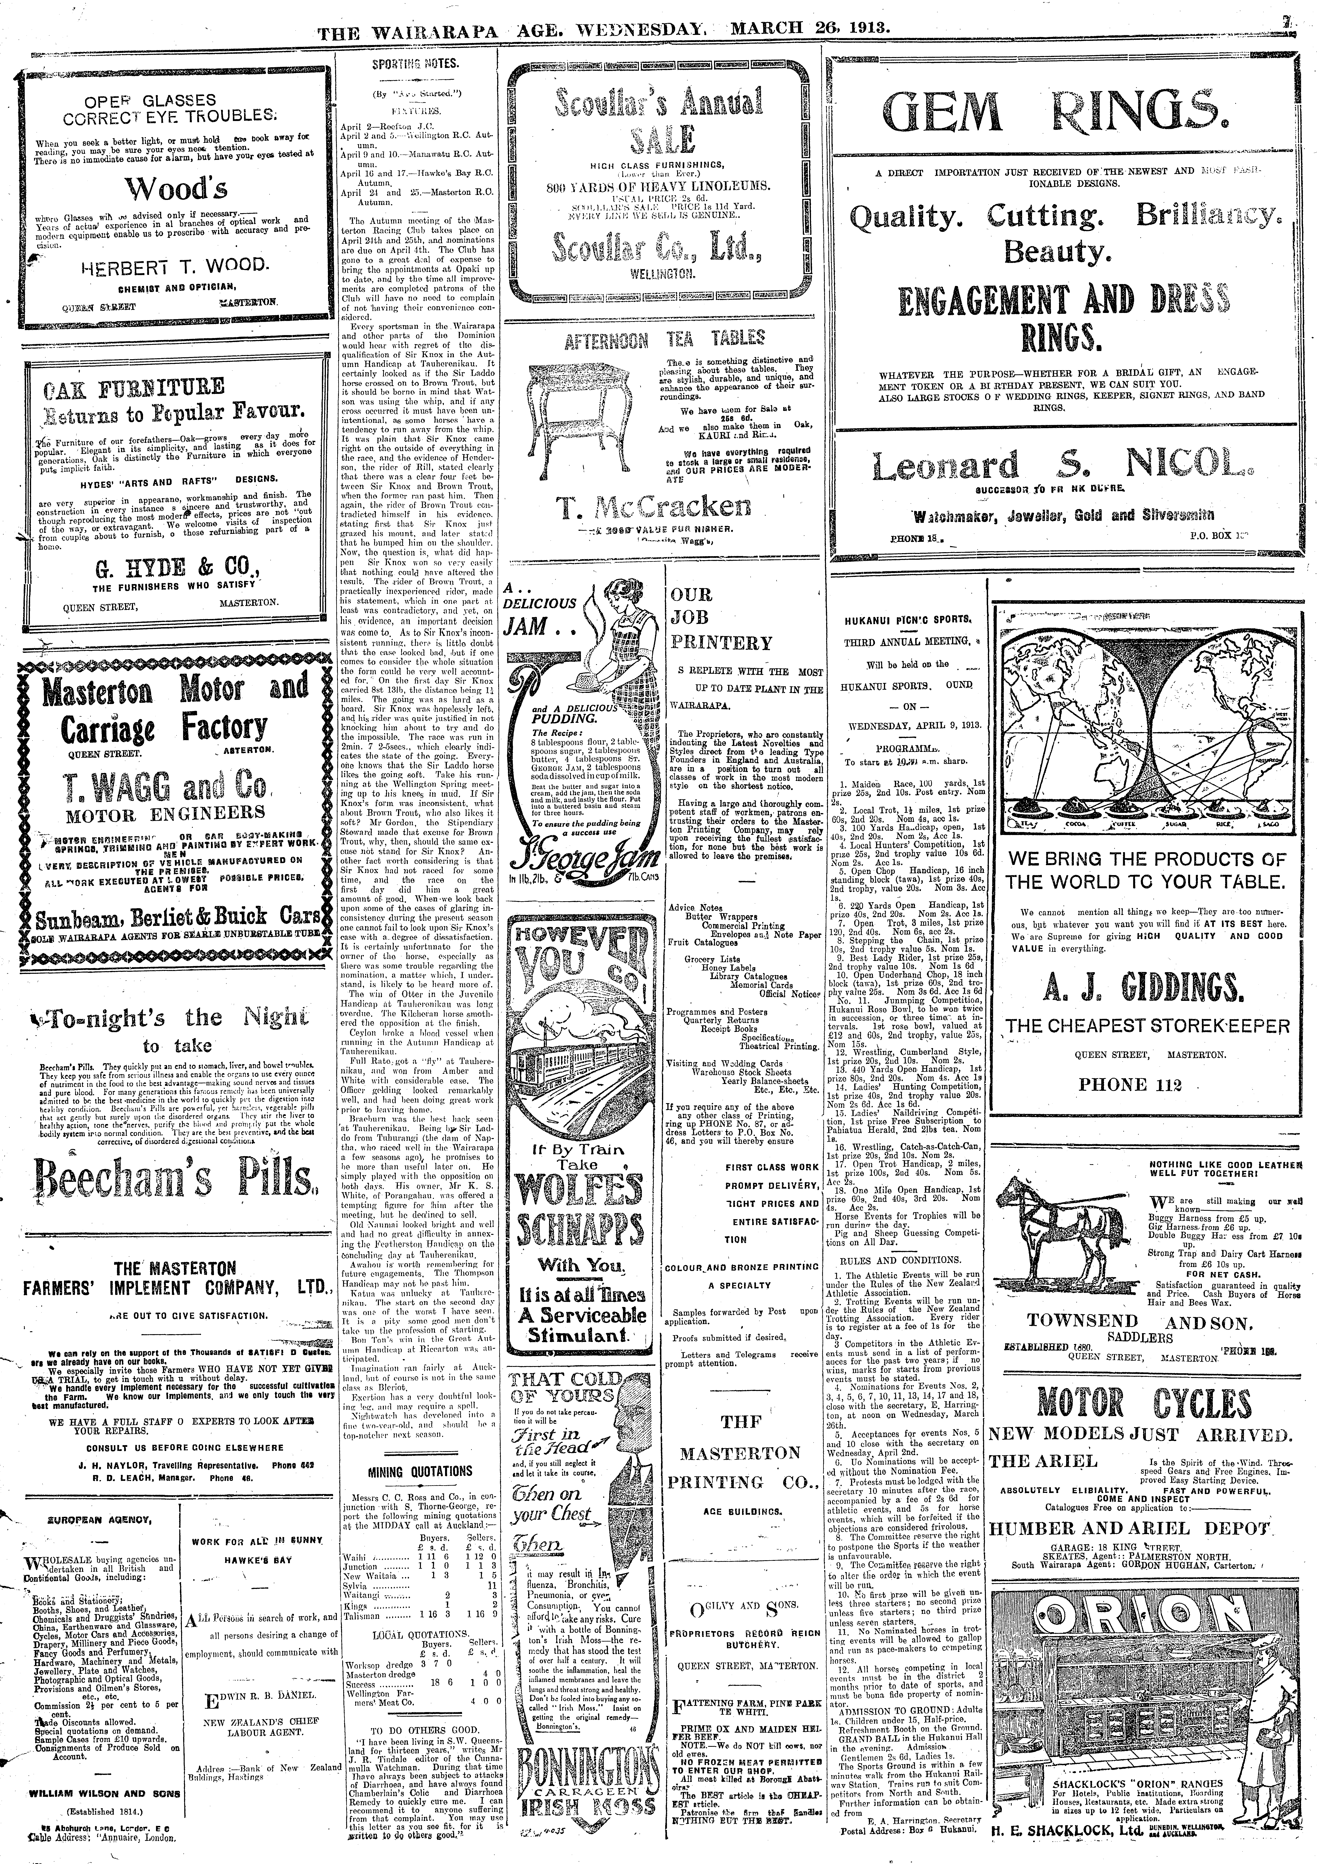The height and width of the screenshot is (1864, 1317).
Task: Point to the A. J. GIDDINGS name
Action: [1147, 989]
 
